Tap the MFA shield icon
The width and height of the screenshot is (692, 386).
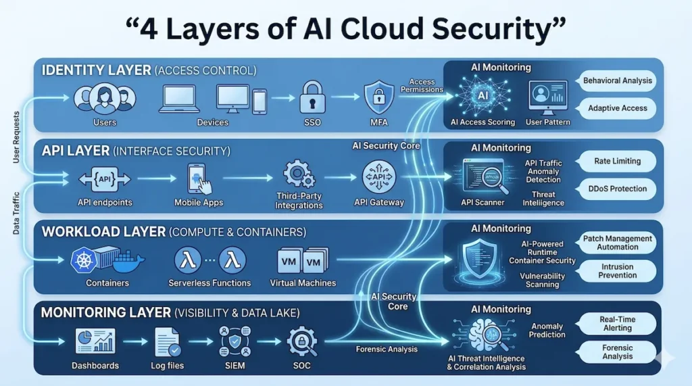point(378,97)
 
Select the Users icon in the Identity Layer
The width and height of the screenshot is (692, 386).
point(105,98)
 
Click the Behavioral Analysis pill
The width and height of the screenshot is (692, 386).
point(618,80)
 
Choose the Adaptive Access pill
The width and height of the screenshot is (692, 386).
point(618,108)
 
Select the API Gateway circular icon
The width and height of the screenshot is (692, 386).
point(378,177)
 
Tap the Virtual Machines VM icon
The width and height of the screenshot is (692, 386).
point(302,260)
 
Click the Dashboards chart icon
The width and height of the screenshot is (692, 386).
point(95,341)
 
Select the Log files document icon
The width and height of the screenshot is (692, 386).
point(166,341)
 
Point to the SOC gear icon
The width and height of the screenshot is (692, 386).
point(301,341)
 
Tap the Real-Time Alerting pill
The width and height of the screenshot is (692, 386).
point(616,323)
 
